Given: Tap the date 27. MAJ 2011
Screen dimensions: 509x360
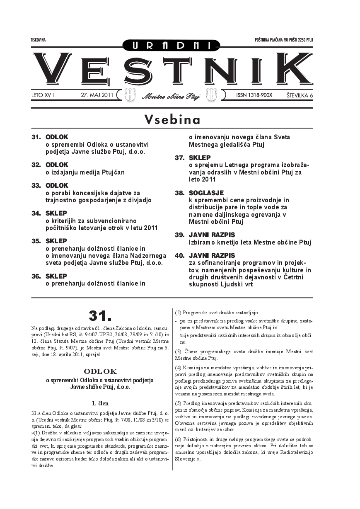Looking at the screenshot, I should (x=97, y=95).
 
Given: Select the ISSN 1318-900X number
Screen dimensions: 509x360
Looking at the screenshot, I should (x=254, y=95).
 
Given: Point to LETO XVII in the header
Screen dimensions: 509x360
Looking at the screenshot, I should (x=43, y=95).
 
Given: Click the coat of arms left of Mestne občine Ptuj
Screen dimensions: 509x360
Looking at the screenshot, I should (x=130, y=95).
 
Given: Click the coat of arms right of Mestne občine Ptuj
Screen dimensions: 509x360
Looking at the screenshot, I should (x=212, y=95).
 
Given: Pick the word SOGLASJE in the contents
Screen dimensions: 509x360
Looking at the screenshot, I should (x=206, y=193).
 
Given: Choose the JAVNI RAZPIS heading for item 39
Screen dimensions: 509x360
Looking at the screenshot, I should (x=212, y=235).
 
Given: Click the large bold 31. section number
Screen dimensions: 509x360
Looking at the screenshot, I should (x=100, y=316).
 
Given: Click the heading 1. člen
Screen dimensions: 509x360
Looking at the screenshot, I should (x=100, y=402).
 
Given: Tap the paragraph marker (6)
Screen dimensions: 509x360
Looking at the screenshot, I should (x=178, y=439).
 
